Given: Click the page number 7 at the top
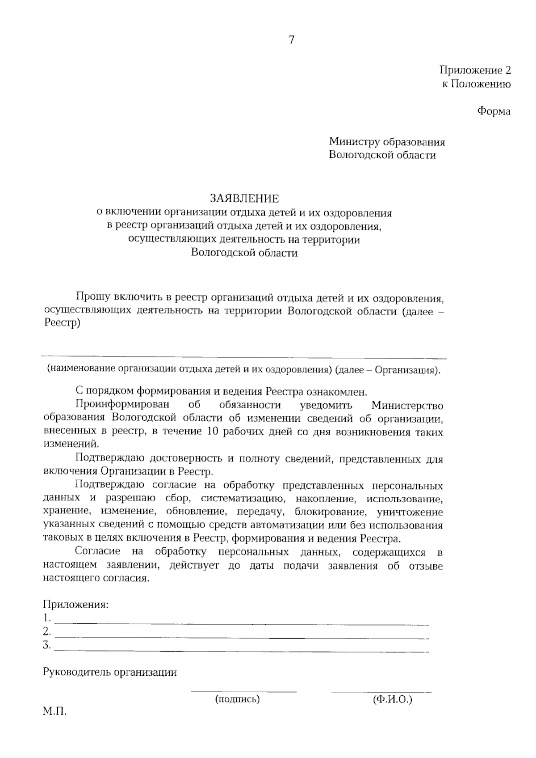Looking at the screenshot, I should click(291, 40).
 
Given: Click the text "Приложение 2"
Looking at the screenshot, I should click(475, 70).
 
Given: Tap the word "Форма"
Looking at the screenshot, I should click(494, 111).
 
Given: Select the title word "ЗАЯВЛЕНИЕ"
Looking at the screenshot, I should click(245, 198).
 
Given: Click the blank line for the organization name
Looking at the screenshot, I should click(244, 357).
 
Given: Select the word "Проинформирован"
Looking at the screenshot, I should click(122, 405).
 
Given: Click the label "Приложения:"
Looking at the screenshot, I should click(75, 605).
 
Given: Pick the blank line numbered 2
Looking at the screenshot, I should click(241, 637).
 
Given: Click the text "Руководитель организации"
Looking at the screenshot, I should click(110, 672).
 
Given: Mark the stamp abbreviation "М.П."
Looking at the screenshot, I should click(54, 711).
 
